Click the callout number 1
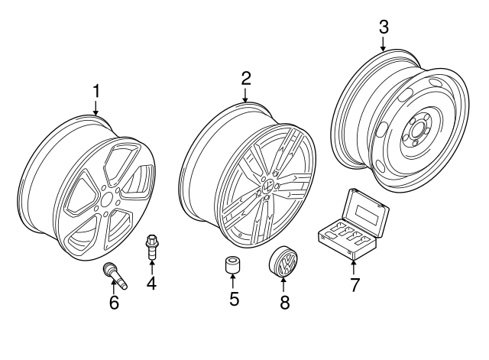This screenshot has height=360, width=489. tap(96, 91)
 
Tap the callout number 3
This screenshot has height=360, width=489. tap(384, 26)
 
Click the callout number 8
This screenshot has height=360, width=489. tap(285, 303)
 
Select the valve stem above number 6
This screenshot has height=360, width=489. tap(114, 274)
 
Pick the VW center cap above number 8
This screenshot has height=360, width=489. tap(283, 265)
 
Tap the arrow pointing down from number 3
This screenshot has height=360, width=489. tap(384, 43)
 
